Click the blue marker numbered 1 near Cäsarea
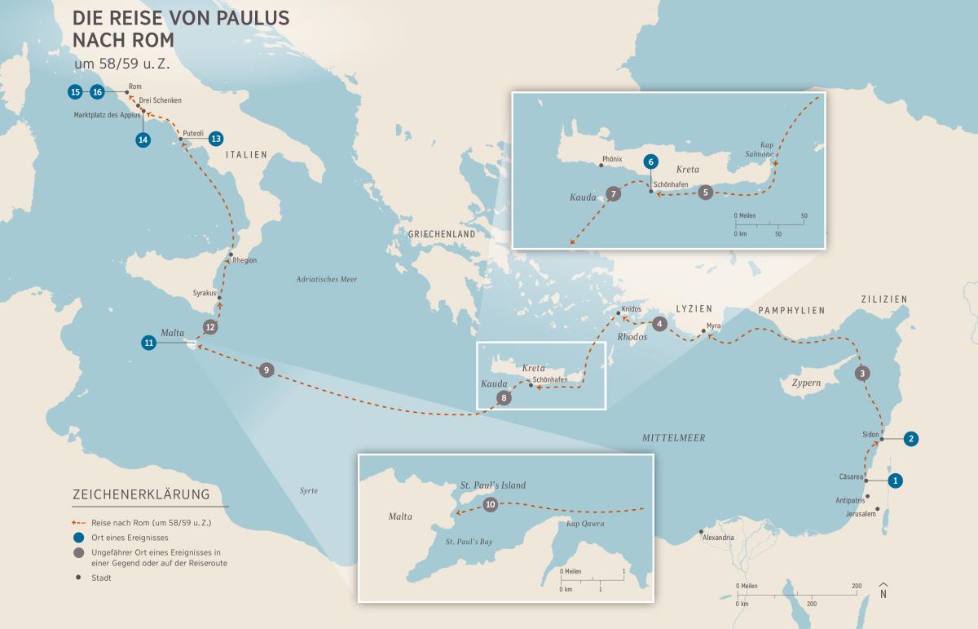[x=895, y=481]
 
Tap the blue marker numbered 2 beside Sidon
[x=911, y=438]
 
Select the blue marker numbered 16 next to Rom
[x=98, y=91]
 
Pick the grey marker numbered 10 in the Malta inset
[x=490, y=504]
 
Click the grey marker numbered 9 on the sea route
[x=265, y=370]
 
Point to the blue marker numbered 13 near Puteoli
[x=215, y=138]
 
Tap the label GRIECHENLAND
[x=441, y=234]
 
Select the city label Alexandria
[x=717, y=538]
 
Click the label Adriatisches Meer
[x=326, y=280]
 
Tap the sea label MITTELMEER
[x=673, y=438]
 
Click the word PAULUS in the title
[x=245, y=18]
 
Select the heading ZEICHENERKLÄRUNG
[x=141, y=494]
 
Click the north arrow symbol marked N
[x=883, y=591]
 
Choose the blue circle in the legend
[x=78, y=537]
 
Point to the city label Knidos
[x=632, y=309]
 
